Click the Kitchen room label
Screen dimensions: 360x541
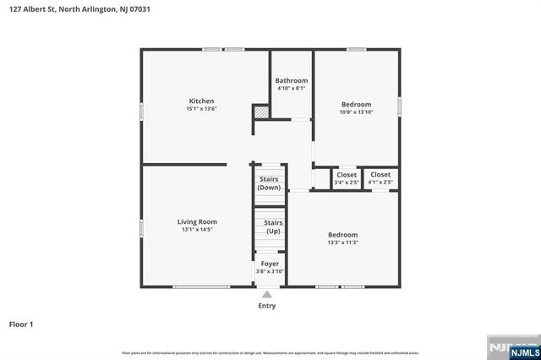200,101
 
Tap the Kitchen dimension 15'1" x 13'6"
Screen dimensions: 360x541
200,108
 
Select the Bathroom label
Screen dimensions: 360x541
291,80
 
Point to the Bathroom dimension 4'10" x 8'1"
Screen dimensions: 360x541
291,88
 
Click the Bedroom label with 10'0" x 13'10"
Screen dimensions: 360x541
356,104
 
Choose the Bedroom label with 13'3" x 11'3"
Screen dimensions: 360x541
342,234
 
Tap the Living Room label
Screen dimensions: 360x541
197,221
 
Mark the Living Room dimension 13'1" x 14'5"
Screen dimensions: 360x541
197,229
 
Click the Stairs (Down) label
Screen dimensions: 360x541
269,183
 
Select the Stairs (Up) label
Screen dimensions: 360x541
274,226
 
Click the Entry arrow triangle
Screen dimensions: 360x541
267,294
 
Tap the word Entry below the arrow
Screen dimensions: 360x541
267,306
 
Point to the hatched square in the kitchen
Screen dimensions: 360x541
262,112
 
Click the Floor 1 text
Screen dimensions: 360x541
21,324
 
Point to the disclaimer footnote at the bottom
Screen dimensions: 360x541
270,352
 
